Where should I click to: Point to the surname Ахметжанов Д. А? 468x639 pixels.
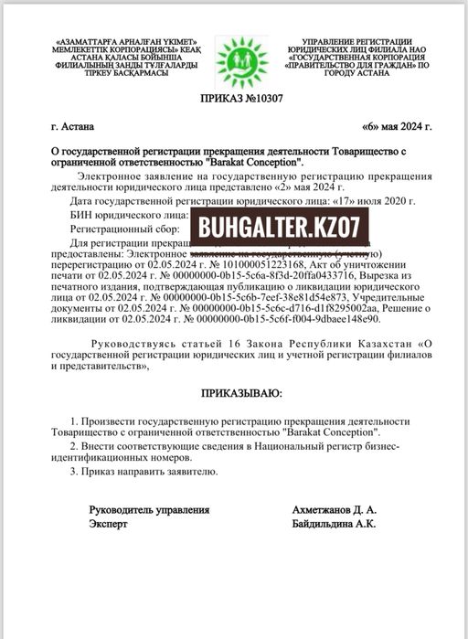coord(331,509)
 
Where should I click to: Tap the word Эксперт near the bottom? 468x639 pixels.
coord(108,524)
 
